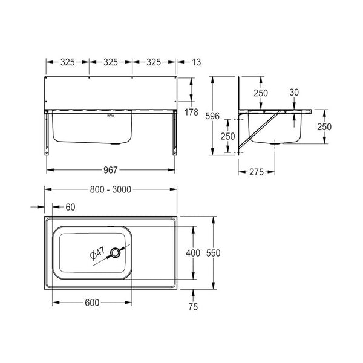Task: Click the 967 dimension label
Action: (x=111, y=170)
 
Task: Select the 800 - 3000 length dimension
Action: (x=111, y=189)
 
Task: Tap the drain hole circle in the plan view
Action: (x=115, y=252)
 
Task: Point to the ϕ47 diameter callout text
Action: (x=97, y=253)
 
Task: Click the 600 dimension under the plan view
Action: (x=92, y=302)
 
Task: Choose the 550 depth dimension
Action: (x=213, y=253)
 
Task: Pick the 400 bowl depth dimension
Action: (x=193, y=253)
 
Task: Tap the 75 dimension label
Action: (x=193, y=307)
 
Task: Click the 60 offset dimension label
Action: (x=70, y=207)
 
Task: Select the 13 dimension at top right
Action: (x=196, y=62)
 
